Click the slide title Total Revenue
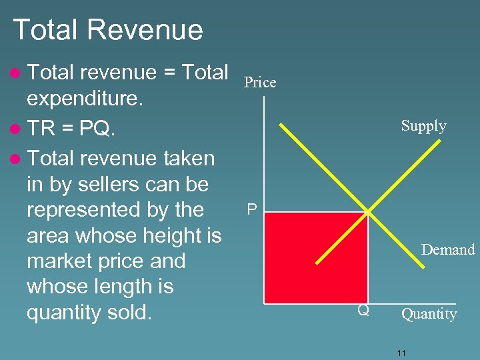pyautogui.click(x=108, y=30)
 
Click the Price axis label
pyautogui.click(x=260, y=82)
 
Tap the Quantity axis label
pyautogui.click(x=429, y=314)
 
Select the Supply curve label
pyautogui.click(x=423, y=126)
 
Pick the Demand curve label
pyautogui.click(x=447, y=250)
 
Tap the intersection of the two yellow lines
pyautogui.click(x=368, y=212)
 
